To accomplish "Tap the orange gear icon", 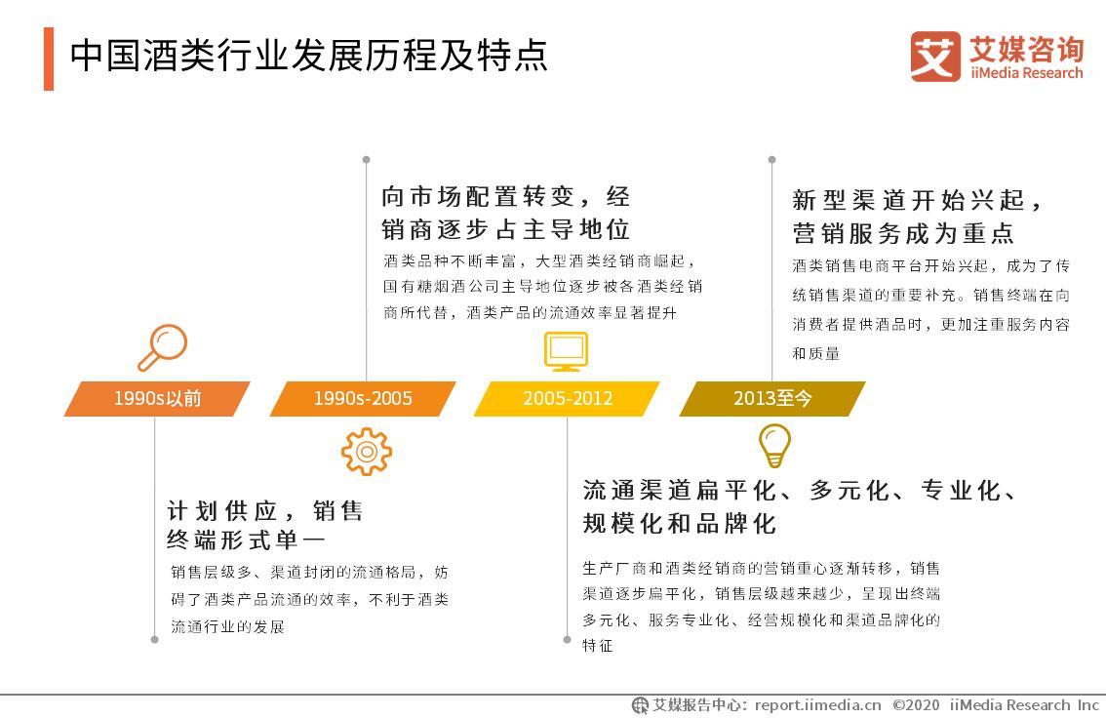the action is pyautogui.click(x=366, y=452).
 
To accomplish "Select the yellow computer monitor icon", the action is pyautogui.click(x=567, y=351).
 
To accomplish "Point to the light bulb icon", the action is pyautogui.click(x=774, y=445).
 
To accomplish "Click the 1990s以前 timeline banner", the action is pyautogui.click(x=157, y=399).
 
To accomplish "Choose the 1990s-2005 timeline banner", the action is pyautogui.click(x=363, y=399).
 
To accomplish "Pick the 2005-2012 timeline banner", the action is pyautogui.click(x=567, y=399).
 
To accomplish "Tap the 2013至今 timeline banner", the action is pyautogui.click(x=772, y=399).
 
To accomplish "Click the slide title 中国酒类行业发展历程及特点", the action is pyautogui.click(x=309, y=55).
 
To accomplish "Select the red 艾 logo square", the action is pyautogui.click(x=935, y=57).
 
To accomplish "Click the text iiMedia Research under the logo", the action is pyautogui.click(x=1026, y=72).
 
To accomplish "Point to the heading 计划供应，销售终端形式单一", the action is pyautogui.click(x=265, y=525).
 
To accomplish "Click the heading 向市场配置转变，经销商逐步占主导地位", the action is pyautogui.click(x=506, y=213).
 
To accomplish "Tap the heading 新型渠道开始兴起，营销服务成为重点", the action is pyautogui.click(x=916, y=217).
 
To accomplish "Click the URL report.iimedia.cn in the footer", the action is pyautogui.click(x=817, y=705).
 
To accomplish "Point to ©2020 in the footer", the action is pyautogui.click(x=916, y=705).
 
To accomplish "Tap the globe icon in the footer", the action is pyautogui.click(x=640, y=705).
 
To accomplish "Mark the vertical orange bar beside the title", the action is pyautogui.click(x=49, y=59).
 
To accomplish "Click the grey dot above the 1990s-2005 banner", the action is pyautogui.click(x=366, y=159).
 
